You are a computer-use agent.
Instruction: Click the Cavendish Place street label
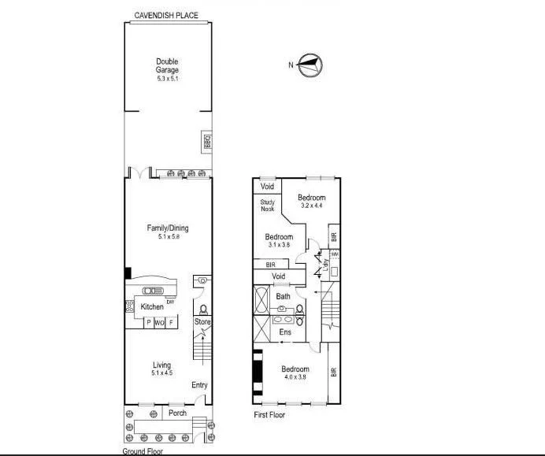tap(166, 14)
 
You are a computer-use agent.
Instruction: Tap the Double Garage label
tap(167, 65)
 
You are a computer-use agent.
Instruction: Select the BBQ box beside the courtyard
tap(207, 143)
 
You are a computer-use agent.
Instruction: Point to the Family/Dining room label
tap(168, 228)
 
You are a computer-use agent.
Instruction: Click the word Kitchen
tap(152, 306)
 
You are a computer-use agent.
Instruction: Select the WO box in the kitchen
tap(159, 323)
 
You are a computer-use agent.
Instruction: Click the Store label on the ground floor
tap(202, 322)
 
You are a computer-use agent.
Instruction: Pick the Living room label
tap(161, 365)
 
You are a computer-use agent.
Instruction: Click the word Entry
tap(200, 385)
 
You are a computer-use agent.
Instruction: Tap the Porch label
tap(177, 413)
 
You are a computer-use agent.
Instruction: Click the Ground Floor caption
tap(142, 451)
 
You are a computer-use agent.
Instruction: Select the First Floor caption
tap(269, 415)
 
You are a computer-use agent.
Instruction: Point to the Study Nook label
tap(267, 206)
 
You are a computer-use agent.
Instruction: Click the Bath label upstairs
tap(283, 296)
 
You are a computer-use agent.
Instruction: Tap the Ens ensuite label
tap(285, 332)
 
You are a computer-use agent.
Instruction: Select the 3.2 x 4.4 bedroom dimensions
tap(312, 206)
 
